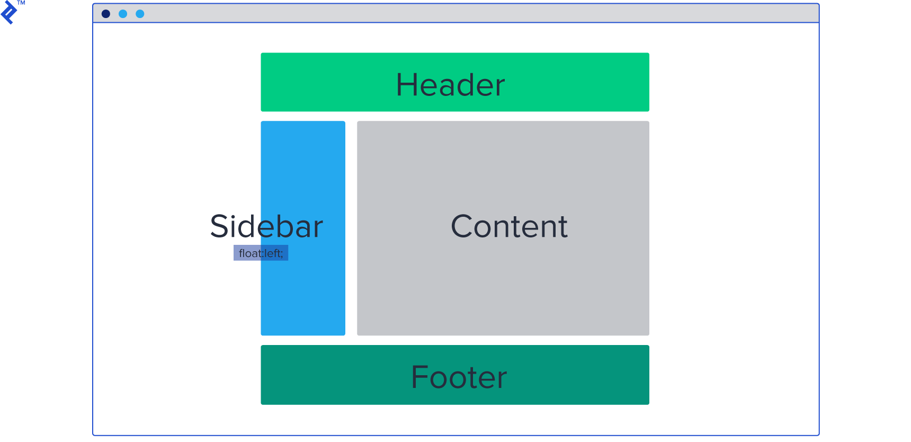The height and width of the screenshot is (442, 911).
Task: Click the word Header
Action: tap(450, 85)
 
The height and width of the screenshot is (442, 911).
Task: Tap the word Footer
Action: tap(459, 377)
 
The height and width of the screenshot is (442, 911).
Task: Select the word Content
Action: tap(509, 227)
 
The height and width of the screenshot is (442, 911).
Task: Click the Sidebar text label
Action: tap(266, 227)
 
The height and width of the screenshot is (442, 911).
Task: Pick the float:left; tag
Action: tap(261, 253)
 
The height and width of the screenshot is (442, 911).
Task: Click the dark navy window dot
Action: tap(106, 14)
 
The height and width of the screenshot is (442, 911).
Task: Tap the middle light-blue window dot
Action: tap(123, 14)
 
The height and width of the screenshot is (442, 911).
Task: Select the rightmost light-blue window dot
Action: tap(140, 14)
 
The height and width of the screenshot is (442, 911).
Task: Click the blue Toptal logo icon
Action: tap(8, 13)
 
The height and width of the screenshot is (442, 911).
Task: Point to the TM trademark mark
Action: tap(21, 3)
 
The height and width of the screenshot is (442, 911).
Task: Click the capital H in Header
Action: tap(407, 85)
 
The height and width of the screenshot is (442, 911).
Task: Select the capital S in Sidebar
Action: tap(220, 227)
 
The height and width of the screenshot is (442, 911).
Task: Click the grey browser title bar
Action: tap(455, 14)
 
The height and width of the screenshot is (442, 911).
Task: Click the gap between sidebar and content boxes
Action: tap(351, 228)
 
